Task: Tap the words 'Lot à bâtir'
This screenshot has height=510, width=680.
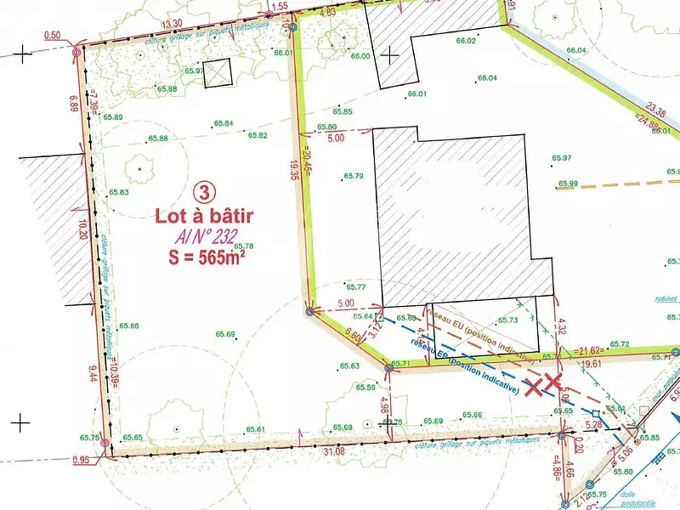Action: [204, 217]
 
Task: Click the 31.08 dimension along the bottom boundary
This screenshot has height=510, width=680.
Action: [334, 450]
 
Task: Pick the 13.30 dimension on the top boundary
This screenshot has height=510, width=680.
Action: [172, 23]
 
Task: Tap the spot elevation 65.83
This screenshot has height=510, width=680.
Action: [119, 193]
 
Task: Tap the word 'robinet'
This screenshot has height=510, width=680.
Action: [666, 299]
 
